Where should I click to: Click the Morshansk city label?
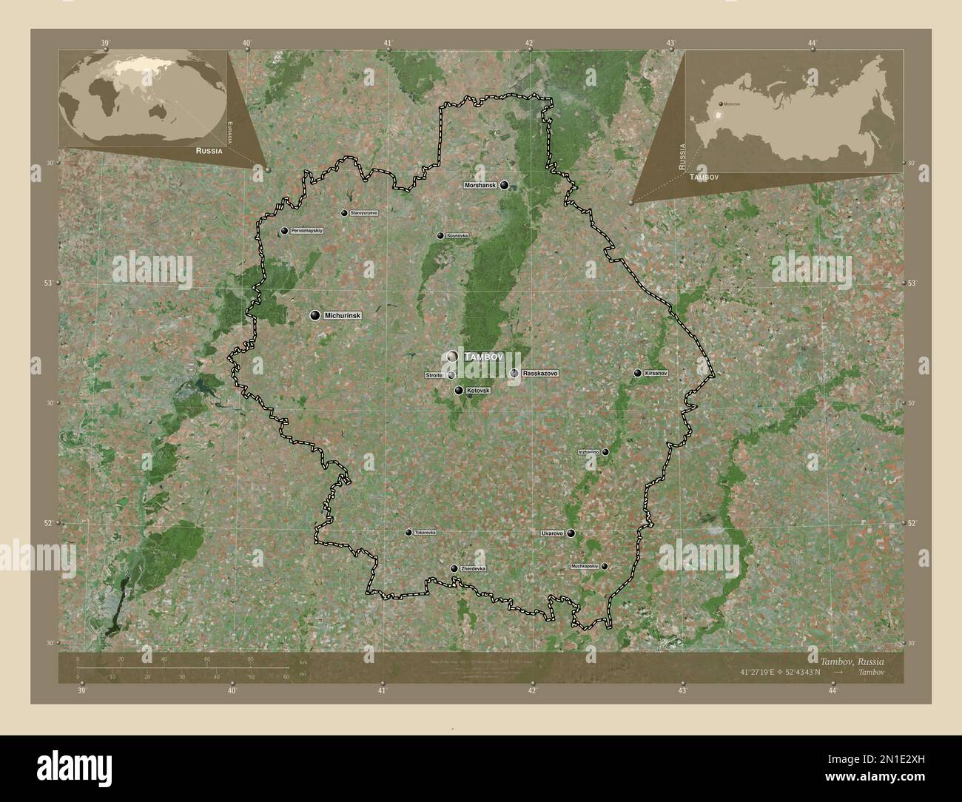pyautogui.click(x=480, y=185)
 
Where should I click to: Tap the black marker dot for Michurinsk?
pyautogui.click(x=315, y=316)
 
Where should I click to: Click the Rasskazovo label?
pyautogui.click(x=539, y=374)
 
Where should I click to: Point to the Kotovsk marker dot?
pyautogui.click(x=459, y=391)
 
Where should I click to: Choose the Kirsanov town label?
pyautogui.click(x=656, y=373)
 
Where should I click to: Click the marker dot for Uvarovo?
pyautogui.click(x=571, y=533)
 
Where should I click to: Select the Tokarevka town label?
pyautogui.click(x=425, y=532)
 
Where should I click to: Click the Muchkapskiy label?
pyautogui.click(x=584, y=566)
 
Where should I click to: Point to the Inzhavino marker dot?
pyautogui.click(x=605, y=452)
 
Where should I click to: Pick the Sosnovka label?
pyautogui.click(x=457, y=236)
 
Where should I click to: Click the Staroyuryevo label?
pyautogui.click(x=363, y=213)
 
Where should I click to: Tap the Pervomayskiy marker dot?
pyautogui.click(x=284, y=232)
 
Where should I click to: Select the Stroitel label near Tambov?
pyautogui.click(x=434, y=376)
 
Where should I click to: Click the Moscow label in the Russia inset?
pyautogui.click(x=732, y=104)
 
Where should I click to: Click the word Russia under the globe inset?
pyautogui.click(x=209, y=149)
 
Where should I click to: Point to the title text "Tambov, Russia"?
pyautogui.click(x=850, y=660)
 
